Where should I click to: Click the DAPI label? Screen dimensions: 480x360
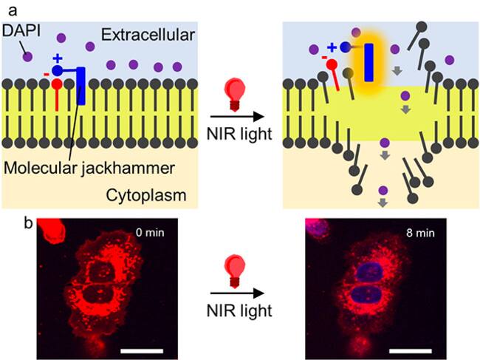[21, 31]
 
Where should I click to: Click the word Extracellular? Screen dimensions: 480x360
[148, 35]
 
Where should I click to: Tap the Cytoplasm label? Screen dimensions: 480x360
[146, 195]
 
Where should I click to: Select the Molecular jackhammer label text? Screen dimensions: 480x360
[89, 169]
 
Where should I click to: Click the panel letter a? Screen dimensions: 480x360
[13, 11]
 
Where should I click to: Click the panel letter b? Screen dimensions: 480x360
[29, 224]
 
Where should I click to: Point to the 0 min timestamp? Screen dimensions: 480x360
[150, 233]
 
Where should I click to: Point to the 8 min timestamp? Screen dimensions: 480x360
[420, 233]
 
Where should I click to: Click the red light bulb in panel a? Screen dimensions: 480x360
[235, 93]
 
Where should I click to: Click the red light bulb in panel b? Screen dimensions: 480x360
[235, 272]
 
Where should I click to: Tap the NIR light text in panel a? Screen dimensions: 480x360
[239, 134]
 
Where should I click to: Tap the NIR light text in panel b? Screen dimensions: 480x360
[239, 311]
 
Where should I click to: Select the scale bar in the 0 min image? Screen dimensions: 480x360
[142, 351]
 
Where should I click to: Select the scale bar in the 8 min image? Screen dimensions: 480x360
[411, 351]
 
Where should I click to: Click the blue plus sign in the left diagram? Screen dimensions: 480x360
[58, 58]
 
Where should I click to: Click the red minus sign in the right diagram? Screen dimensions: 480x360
[324, 58]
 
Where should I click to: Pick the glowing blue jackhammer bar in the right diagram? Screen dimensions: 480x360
[369, 63]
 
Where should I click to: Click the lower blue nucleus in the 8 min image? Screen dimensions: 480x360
[368, 295]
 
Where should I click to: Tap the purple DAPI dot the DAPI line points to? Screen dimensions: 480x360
[27, 57]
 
